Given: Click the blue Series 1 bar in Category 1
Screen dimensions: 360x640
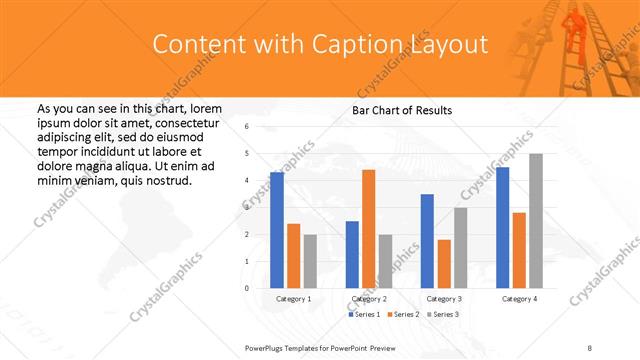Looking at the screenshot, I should click(x=276, y=230).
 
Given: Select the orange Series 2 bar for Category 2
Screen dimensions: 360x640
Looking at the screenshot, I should click(x=368, y=229).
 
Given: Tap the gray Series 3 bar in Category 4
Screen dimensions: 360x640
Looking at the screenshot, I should click(x=536, y=221).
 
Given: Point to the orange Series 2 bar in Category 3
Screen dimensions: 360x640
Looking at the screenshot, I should click(x=444, y=264).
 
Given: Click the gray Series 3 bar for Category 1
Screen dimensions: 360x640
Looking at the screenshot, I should click(x=310, y=261).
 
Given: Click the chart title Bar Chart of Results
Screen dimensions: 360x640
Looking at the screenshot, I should click(x=403, y=110).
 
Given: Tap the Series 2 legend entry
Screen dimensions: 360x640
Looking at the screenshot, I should click(x=403, y=315).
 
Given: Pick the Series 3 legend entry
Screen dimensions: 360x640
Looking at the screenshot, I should click(x=443, y=315).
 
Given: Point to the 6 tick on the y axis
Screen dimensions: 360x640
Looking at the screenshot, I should click(x=246, y=127).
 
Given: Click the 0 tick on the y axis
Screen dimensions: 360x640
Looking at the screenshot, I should click(x=246, y=288).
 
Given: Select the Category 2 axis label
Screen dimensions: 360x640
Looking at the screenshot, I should click(x=368, y=299).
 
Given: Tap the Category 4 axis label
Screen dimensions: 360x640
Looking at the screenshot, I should click(x=519, y=299).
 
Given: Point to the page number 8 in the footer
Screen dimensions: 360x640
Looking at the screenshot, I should click(x=590, y=347).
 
